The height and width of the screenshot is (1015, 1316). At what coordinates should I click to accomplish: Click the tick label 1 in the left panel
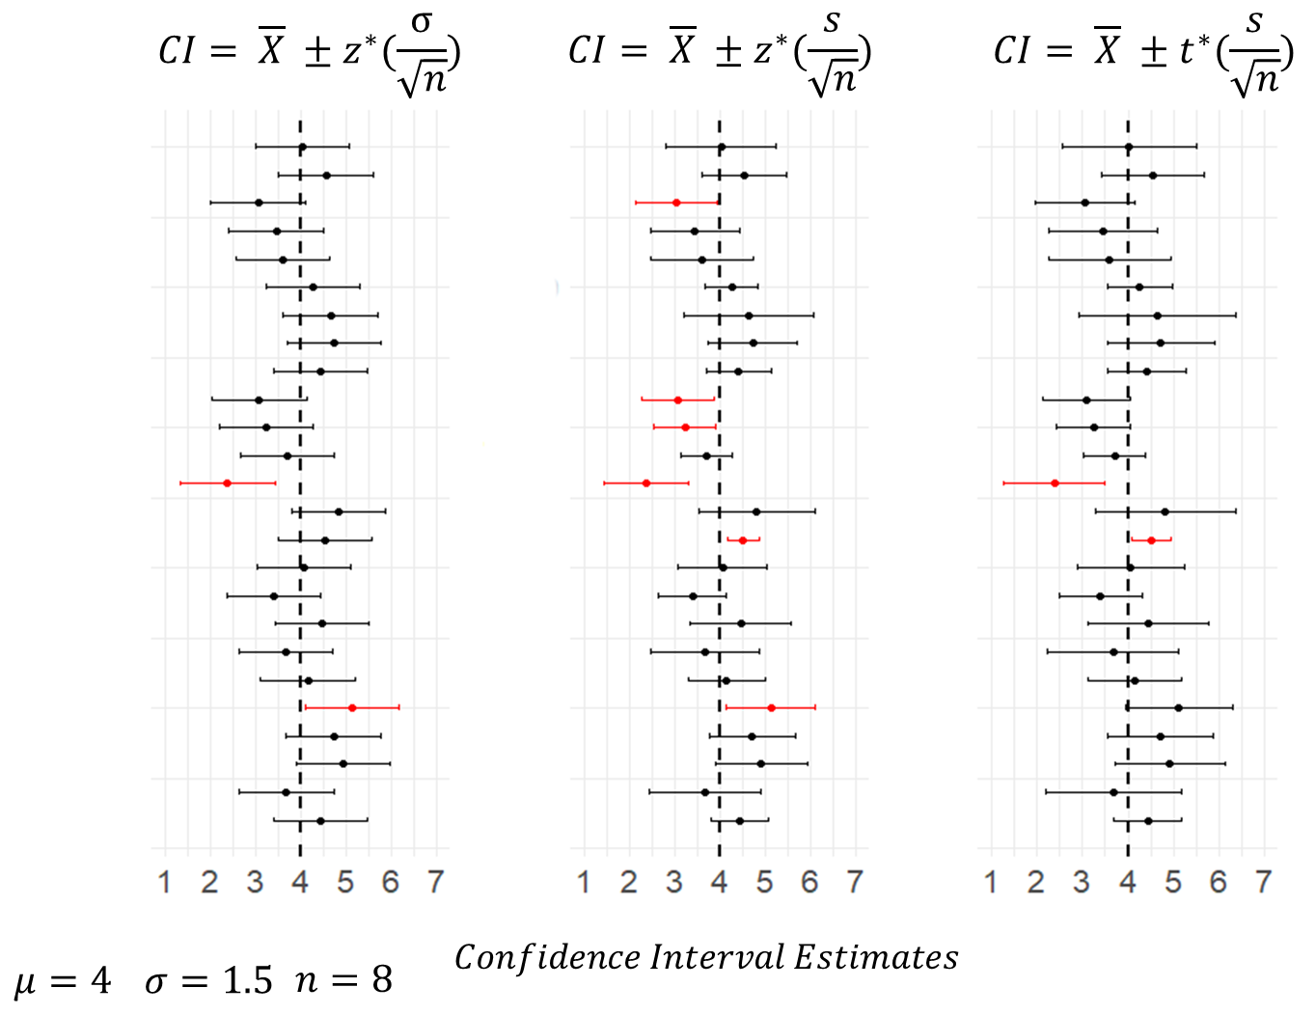[x=164, y=882]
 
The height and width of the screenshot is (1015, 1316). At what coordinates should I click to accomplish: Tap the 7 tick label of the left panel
[x=436, y=882]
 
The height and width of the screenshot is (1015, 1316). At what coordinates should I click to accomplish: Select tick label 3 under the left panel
[x=255, y=882]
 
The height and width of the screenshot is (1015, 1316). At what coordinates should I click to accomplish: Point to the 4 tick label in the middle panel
[x=719, y=882]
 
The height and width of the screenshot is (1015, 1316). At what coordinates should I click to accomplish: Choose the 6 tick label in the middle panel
[x=809, y=882]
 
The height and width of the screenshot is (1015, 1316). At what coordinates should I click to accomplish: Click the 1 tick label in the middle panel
[x=584, y=882]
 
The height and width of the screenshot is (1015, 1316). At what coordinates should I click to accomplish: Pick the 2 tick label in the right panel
[x=1036, y=882]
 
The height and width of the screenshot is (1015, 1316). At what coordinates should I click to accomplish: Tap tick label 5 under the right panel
[x=1173, y=882]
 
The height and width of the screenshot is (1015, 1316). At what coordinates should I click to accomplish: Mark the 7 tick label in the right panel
[x=1264, y=882]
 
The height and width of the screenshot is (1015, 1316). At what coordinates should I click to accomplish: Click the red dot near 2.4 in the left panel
[x=227, y=482]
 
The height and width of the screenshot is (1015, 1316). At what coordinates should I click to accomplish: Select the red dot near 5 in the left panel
[x=352, y=708]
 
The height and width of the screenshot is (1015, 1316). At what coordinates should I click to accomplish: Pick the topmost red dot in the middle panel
[x=676, y=203]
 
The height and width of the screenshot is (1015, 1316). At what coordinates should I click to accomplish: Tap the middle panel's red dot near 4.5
[x=743, y=540]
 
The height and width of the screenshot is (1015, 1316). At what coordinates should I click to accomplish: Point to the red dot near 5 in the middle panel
[x=771, y=708]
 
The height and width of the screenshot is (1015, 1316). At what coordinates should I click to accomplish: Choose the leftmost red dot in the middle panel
[x=646, y=482]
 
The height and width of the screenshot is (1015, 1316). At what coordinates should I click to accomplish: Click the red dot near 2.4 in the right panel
[x=1055, y=482]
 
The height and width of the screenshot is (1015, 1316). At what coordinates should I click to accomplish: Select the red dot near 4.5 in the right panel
[x=1151, y=540]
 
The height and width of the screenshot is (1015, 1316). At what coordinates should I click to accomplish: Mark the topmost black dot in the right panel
[x=1129, y=147]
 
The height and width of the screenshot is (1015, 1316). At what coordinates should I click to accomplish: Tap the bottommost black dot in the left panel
[x=320, y=820]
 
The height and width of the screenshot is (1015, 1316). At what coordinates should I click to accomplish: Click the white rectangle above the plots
[x=480, y=58]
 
